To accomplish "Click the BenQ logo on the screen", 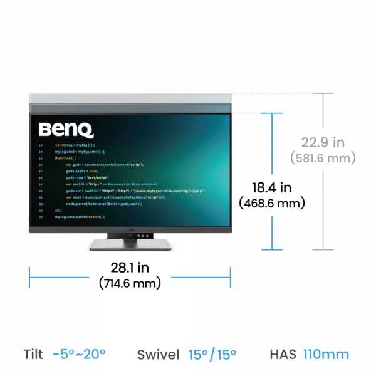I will (66, 130).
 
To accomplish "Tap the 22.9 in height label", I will (323, 142).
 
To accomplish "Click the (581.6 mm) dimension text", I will (323, 159).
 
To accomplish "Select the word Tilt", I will (33, 354).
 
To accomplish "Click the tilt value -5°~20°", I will (79, 354).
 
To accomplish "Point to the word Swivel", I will (158, 354).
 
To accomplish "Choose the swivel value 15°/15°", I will (212, 354).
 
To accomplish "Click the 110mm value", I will (326, 354).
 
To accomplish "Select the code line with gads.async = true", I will (82, 171).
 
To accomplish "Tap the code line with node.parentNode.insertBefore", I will (104, 204).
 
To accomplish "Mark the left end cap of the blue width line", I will (29, 277).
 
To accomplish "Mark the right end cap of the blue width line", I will (231, 277).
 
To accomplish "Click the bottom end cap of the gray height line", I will (323, 249).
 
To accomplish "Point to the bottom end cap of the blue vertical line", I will (271, 249).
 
